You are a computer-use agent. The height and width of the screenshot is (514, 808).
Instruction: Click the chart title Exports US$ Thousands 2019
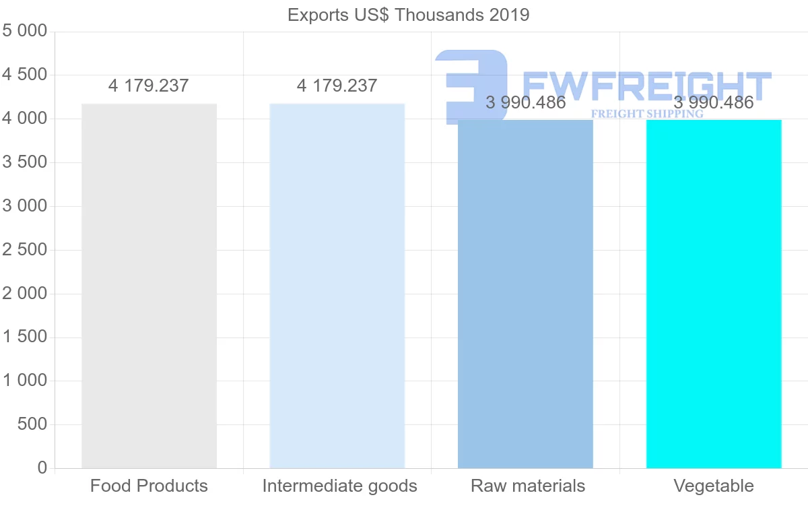(408, 14)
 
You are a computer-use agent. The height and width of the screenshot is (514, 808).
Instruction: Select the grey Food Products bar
(149, 286)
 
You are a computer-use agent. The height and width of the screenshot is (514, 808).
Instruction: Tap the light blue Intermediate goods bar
(337, 286)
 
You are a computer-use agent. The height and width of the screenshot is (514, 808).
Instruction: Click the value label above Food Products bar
(149, 86)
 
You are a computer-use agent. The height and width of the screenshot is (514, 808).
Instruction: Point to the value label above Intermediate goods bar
(337, 86)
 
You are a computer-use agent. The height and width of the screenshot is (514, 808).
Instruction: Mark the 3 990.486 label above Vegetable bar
(714, 102)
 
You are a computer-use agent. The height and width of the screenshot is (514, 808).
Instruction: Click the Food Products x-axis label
(149, 486)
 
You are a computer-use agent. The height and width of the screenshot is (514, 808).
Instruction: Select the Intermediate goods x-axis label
(339, 486)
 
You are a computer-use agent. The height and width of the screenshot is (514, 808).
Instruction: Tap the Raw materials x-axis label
(528, 486)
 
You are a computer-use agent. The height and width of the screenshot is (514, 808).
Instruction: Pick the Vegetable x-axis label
(714, 486)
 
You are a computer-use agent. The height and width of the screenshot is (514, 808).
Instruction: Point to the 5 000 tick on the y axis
(25, 31)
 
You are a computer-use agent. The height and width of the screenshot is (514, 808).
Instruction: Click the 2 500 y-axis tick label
(25, 250)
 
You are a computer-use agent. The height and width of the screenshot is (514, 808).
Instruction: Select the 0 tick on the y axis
(42, 468)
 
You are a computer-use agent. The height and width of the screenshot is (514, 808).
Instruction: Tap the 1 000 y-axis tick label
(25, 381)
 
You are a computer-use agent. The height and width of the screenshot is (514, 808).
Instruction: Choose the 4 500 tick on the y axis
(25, 75)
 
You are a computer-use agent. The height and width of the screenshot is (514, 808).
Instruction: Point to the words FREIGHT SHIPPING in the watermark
(646, 114)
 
